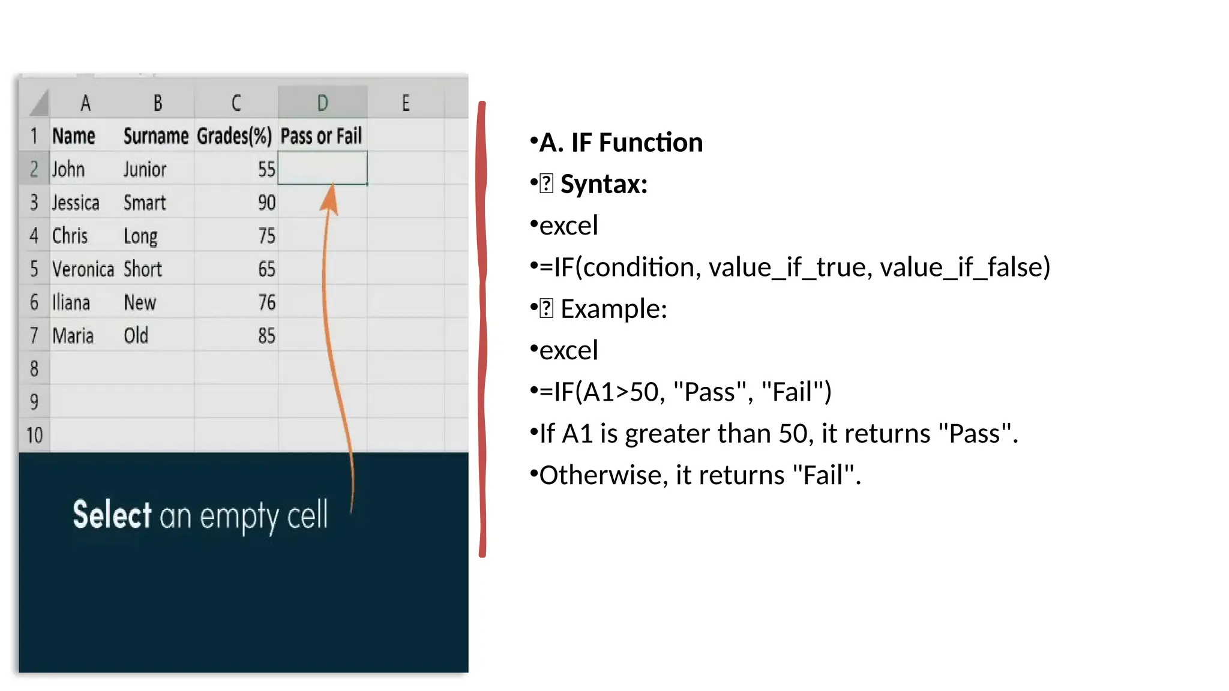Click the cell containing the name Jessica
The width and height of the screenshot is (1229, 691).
pos(76,203)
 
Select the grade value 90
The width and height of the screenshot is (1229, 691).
pos(266,203)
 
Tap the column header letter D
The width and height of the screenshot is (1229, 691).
pos(322,103)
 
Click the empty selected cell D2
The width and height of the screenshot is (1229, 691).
pos(322,169)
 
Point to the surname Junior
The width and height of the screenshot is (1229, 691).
pos(145,170)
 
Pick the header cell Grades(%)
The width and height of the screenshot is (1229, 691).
pos(235,136)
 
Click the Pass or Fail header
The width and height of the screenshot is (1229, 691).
pos(321,136)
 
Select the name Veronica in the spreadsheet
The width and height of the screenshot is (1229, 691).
pos(83,269)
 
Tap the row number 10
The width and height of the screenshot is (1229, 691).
pos(34,435)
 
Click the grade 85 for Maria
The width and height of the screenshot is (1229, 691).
pos(266,335)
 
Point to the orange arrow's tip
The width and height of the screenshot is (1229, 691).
pos(332,187)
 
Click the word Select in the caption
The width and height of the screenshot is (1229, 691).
pos(112,515)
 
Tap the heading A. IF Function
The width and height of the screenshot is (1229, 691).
pos(621,143)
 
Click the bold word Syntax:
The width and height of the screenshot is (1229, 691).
pos(604,184)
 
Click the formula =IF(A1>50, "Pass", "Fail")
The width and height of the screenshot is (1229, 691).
pos(685,392)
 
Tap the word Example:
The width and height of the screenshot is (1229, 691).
pos(613,309)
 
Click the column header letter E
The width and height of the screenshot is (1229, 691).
pos(406,103)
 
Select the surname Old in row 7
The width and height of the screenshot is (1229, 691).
pos(136,335)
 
